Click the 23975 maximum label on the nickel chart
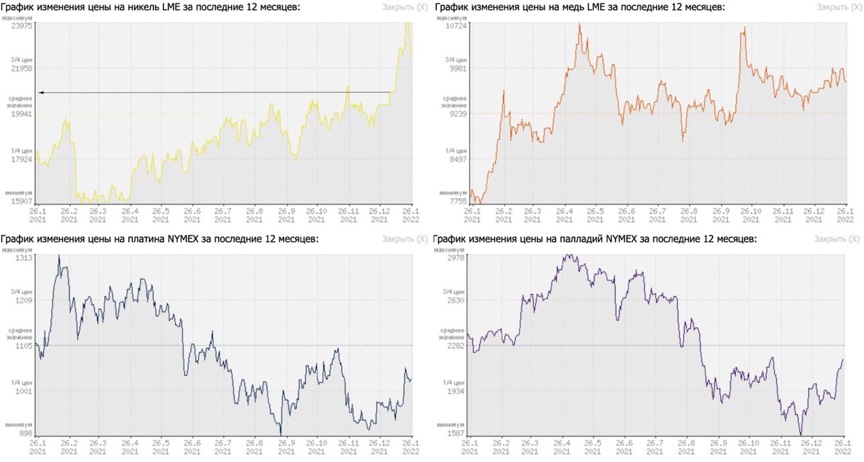coord(22,25)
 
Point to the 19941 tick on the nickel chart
coord(22,114)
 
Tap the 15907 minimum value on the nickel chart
coord(22,201)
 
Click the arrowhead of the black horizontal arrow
coord(41,92)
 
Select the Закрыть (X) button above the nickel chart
coord(404,7)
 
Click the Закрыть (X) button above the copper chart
coord(838,7)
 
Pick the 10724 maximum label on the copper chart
coord(456,25)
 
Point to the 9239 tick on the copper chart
coord(457,114)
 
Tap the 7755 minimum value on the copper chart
coord(457,201)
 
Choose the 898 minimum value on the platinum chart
coord(26,434)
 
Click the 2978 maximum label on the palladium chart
coord(457,258)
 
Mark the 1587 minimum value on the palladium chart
coord(457,434)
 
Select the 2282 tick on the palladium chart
coord(457,346)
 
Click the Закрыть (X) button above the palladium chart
coord(838,239)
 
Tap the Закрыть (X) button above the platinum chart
coord(404,239)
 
